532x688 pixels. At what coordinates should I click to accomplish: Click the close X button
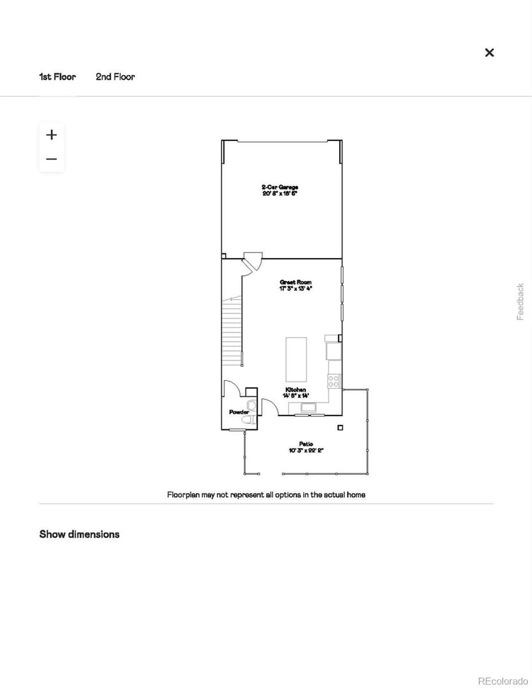pyautogui.click(x=489, y=53)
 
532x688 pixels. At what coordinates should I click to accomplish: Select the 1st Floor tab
pyautogui.click(x=57, y=76)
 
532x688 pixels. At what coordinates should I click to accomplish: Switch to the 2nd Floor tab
pyautogui.click(x=115, y=76)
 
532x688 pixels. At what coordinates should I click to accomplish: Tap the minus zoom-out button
pyautogui.click(x=51, y=160)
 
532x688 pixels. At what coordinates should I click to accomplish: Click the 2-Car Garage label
pyautogui.click(x=279, y=187)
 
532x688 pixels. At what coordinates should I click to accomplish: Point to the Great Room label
pyautogui.click(x=295, y=283)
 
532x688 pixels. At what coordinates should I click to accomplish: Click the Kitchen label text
pyautogui.click(x=295, y=390)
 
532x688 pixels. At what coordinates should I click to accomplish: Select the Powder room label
pyautogui.click(x=239, y=413)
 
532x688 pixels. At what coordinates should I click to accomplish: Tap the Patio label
pyautogui.click(x=306, y=443)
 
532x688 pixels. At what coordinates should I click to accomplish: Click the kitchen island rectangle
pyautogui.click(x=296, y=359)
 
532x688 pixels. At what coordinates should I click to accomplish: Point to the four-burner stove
pyautogui.click(x=334, y=381)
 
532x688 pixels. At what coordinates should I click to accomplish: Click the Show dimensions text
pyautogui.click(x=79, y=534)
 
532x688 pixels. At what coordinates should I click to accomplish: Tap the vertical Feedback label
pyautogui.click(x=521, y=302)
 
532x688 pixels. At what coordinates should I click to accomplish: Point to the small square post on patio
pyautogui.click(x=340, y=427)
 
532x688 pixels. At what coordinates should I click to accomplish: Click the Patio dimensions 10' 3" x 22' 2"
pyautogui.click(x=306, y=450)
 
